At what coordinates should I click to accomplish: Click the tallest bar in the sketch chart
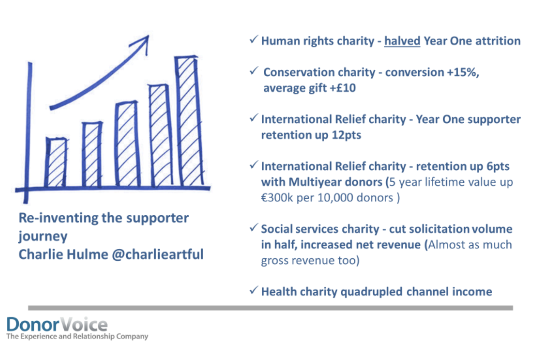coord(189,121)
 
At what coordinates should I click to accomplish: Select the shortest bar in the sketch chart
coord(56,163)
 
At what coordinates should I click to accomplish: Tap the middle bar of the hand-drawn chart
coord(127,144)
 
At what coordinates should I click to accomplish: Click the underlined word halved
coord(402,41)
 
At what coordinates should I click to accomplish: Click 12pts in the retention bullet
coord(346,135)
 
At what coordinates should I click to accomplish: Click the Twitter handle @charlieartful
coord(158,254)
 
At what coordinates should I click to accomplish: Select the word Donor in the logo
coord(33,324)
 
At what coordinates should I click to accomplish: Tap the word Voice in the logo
coord(83,324)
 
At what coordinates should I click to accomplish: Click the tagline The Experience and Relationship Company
coord(77,336)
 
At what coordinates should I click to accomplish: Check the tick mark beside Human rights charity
coord(254,39)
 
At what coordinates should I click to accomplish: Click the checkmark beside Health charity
coord(254,290)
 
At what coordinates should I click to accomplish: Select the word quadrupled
coord(371,292)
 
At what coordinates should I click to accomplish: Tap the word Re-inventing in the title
coord(58,219)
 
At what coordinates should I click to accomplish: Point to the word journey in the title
coord(43,237)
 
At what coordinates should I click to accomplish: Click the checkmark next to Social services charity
coord(254,227)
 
